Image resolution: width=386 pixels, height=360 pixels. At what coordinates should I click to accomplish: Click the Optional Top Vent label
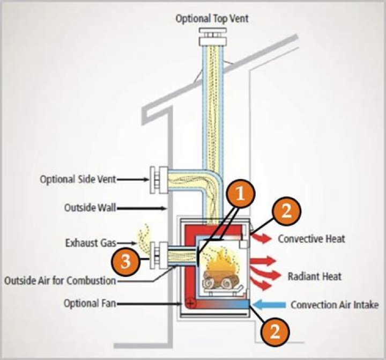[212, 19]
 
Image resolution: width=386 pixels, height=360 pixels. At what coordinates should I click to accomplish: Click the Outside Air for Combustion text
[60, 280]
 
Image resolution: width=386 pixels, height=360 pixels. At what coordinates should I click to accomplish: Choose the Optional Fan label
[88, 304]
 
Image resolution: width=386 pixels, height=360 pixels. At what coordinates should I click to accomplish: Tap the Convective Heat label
[311, 239]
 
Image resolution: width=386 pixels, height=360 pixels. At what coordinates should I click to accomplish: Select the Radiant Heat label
[314, 277]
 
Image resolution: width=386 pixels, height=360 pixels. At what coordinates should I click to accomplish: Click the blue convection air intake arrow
[269, 305]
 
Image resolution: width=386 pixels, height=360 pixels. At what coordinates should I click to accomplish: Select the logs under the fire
[220, 281]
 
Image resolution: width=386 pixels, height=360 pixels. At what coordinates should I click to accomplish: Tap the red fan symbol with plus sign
[190, 303]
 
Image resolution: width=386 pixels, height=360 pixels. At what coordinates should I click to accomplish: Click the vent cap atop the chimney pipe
[210, 39]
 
